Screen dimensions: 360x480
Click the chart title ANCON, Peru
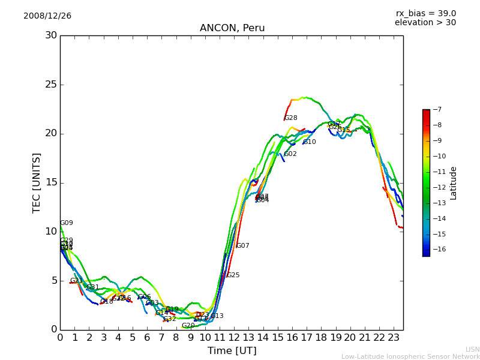point(232,28)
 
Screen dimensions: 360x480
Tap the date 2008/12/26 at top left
point(47,16)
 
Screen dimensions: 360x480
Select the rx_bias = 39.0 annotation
point(426,14)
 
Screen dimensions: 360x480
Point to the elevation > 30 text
point(425,23)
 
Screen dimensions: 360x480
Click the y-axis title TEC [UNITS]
point(37,182)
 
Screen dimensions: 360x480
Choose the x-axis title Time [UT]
point(232,351)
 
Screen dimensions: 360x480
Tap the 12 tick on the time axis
point(235,338)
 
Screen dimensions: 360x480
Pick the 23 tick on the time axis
point(394,338)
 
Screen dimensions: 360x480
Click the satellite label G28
point(291,118)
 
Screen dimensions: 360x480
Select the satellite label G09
point(67,223)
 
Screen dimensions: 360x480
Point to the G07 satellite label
point(243,246)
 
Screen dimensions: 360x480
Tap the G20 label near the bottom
point(188,326)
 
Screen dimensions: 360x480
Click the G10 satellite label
point(310,142)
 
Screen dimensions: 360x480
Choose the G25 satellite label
point(233,275)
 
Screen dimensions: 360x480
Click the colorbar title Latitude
point(454,183)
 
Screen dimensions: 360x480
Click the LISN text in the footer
point(472,349)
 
